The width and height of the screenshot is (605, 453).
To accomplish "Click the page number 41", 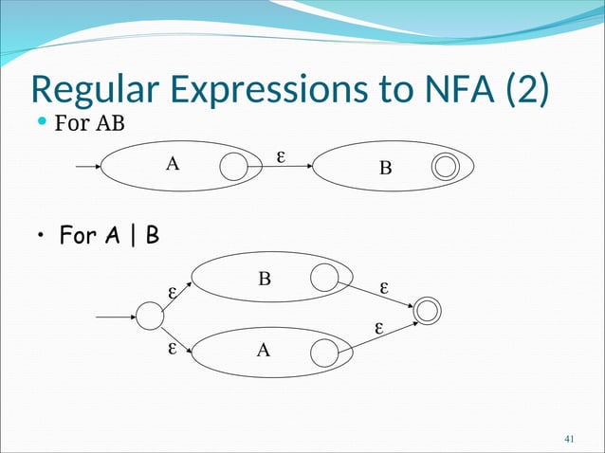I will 570,438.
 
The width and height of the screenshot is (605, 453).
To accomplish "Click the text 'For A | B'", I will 109,234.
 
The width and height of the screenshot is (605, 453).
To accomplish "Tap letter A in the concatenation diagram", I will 172,164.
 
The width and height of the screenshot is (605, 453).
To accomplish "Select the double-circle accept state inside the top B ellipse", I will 445,168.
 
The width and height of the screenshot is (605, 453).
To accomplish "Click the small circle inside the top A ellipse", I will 233,168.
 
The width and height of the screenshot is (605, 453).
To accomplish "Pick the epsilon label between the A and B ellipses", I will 280,154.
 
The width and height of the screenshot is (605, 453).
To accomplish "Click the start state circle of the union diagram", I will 150,316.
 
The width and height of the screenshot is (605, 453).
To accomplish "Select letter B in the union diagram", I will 265,279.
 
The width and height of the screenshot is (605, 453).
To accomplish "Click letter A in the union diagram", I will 264,350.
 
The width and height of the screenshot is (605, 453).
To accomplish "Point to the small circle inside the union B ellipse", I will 324,277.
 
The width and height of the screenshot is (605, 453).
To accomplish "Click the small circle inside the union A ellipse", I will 325,355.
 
